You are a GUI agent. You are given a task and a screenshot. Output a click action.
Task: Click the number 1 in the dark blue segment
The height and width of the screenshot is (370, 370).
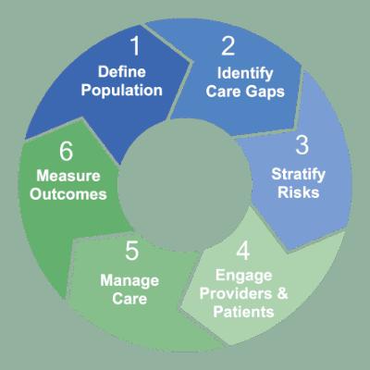(x=136, y=46)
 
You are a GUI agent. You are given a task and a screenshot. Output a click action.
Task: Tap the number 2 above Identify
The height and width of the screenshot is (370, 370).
(x=228, y=46)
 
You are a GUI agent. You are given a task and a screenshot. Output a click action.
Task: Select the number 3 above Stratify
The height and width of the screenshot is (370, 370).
(x=302, y=145)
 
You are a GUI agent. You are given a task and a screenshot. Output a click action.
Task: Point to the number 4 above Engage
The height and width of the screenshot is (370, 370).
(x=243, y=251)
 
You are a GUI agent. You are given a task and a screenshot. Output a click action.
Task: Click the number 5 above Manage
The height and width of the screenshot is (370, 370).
(x=132, y=251)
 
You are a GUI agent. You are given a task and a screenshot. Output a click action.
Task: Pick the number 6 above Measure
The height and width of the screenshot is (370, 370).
(x=66, y=151)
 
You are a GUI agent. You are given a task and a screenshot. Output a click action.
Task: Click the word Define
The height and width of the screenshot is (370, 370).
(x=122, y=72)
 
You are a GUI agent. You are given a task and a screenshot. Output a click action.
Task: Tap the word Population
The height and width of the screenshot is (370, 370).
(x=121, y=91)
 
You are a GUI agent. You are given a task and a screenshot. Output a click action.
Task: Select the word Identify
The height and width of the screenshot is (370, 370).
(x=245, y=74)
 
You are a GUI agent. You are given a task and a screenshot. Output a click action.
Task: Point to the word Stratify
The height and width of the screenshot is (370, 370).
(x=298, y=175)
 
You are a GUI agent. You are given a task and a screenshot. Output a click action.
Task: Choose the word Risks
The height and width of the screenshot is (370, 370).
(x=299, y=192)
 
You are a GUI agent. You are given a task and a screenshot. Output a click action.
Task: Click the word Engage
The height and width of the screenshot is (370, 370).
(x=243, y=276)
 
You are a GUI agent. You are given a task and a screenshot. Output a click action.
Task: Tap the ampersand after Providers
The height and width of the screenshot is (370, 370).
(x=282, y=293)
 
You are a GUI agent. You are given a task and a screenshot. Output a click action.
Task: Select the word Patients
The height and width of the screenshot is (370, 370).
(x=243, y=312)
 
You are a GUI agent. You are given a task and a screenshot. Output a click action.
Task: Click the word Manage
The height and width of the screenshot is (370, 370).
(x=129, y=281)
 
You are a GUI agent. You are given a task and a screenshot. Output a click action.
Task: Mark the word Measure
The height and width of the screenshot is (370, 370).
(x=68, y=176)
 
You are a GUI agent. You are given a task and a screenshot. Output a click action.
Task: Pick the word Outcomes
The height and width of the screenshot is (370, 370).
(x=68, y=194)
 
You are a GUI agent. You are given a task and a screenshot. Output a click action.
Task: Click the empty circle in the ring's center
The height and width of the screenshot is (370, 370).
(x=185, y=185)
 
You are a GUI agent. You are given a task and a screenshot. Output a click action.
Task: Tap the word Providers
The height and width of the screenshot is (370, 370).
(x=236, y=293)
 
